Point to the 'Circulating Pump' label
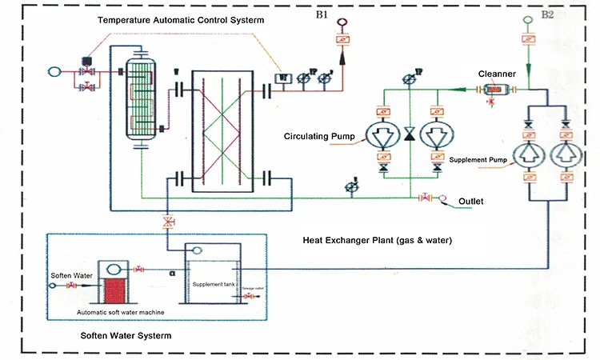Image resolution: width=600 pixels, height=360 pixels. (318, 135)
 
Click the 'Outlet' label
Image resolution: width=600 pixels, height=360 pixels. (471, 201)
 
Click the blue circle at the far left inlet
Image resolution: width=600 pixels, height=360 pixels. (54, 71)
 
